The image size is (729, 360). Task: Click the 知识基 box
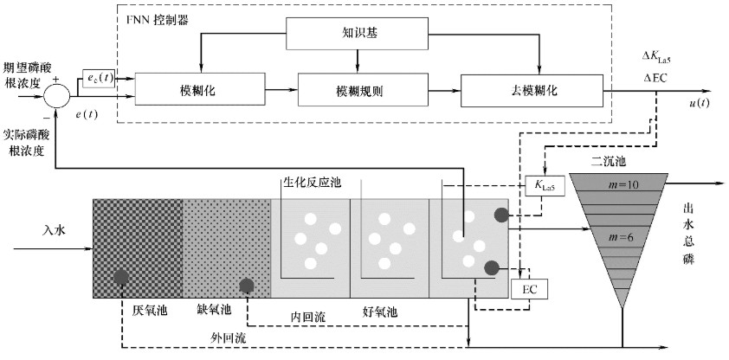click(x=356, y=34)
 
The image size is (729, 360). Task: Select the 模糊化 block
click(x=198, y=88)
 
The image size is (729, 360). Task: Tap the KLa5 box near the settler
click(x=542, y=184)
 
